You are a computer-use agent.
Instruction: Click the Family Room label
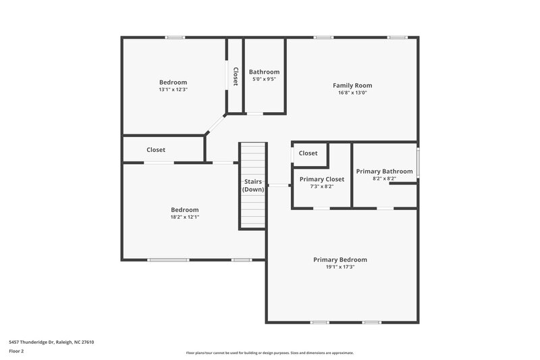pyautogui.click(x=352, y=86)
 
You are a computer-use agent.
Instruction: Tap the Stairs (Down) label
pyautogui.click(x=253, y=185)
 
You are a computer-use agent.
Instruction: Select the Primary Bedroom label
pyautogui.click(x=340, y=259)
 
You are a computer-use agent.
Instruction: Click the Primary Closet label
pyautogui.click(x=322, y=179)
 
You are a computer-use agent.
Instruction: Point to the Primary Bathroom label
pyautogui.click(x=384, y=172)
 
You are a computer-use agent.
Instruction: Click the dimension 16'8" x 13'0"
pyautogui.click(x=352, y=93)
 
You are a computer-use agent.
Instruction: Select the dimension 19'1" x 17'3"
pyautogui.click(x=340, y=267)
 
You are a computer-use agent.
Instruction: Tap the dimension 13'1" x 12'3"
pyautogui.click(x=173, y=89)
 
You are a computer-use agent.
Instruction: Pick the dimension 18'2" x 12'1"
pyautogui.click(x=184, y=217)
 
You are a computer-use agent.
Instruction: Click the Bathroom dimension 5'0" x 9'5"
pyautogui.click(x=264, y=79)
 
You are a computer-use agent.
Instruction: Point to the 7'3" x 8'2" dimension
pyautogui.click(x=321, y=186)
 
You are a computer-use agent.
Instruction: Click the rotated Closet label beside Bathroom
pyautogui.click(x=235, y=76)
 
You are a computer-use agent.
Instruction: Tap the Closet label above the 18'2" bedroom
pyautogui.click(x=156, y=150)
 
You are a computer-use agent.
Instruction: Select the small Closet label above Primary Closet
pyautogui.click(x=308, y=153)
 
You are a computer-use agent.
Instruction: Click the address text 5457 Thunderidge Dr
pyautogui.click(x=51, y=342)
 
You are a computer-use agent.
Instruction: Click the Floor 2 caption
pyautogui.click(x=16, y=351)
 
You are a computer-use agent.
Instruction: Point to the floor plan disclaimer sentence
pyautogui.click(x=270, y=353)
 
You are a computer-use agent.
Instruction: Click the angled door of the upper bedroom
pyautogui.click(x=216, y=125)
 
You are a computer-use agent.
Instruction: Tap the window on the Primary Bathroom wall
pyautogui.click(x=417, y=163)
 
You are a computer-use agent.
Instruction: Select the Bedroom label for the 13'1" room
pyautogui.click(x=173, y=82)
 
